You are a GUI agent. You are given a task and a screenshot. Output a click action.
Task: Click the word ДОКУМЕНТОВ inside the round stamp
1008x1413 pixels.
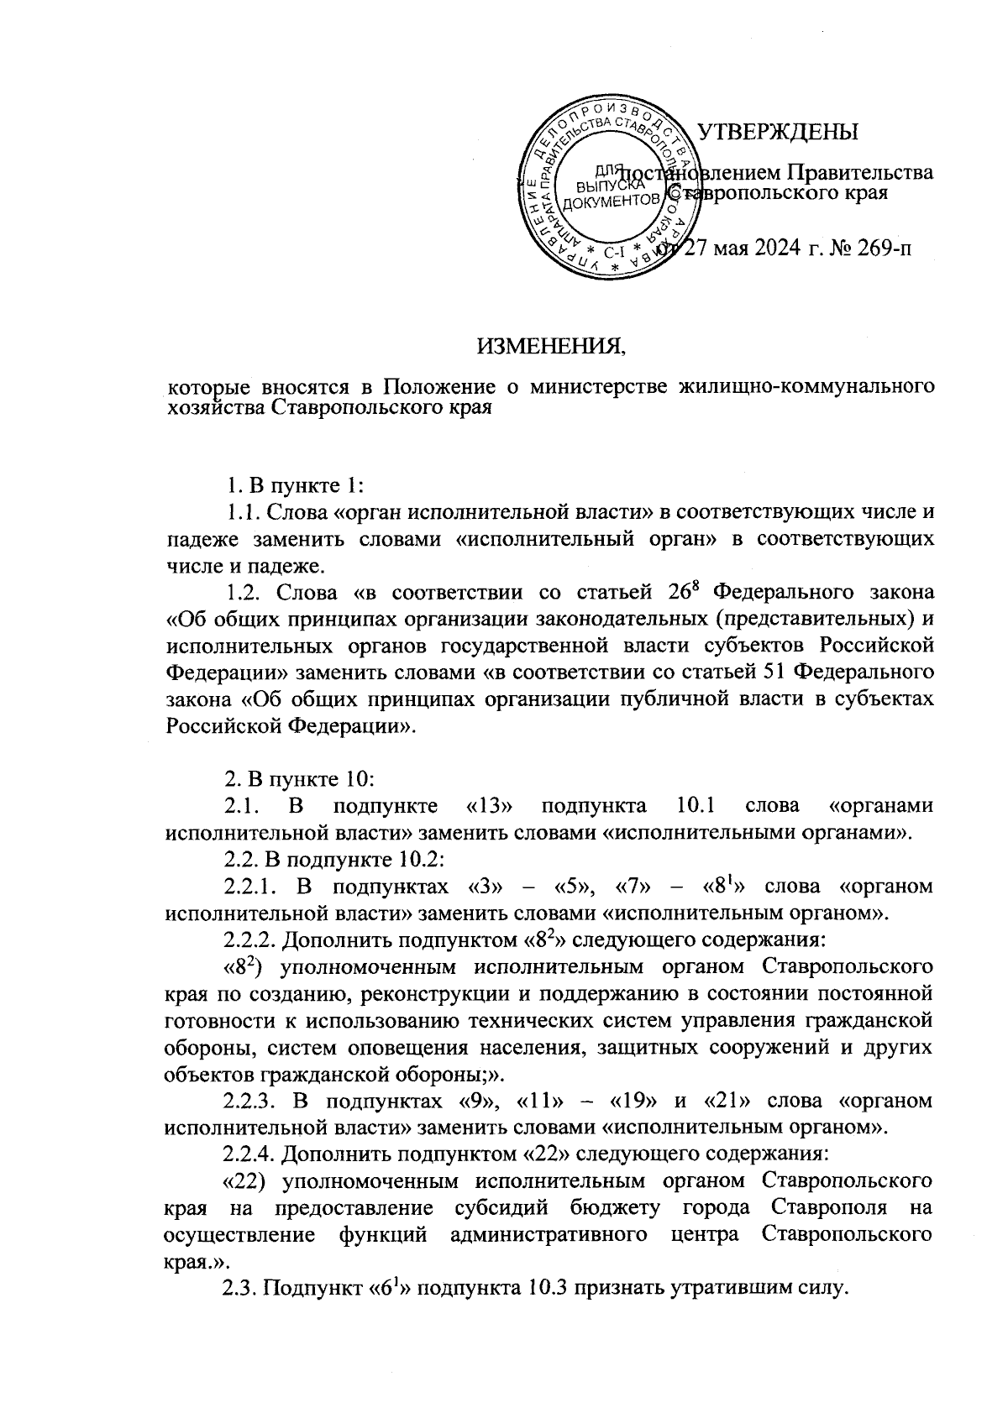609,202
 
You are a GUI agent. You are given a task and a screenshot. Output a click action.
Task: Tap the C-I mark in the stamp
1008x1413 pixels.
614,249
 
